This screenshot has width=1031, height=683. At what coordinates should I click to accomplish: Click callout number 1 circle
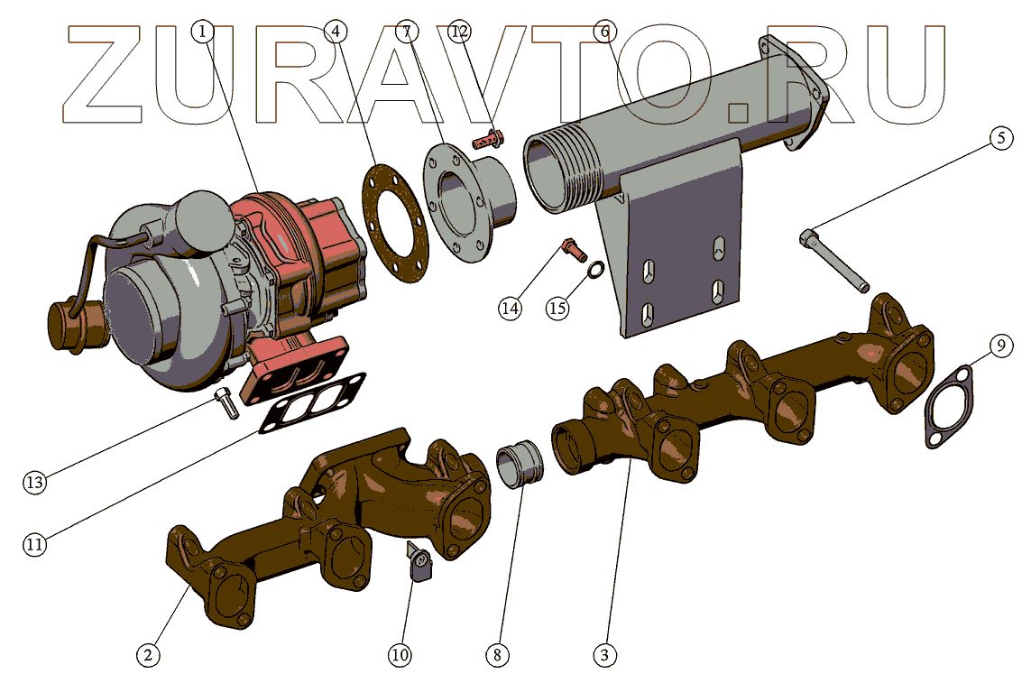point(204,32)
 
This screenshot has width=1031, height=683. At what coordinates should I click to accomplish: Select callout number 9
point(999,345)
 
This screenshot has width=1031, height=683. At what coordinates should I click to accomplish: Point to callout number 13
point(34,483)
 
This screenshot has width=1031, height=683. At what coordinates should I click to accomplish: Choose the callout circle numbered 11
point(34,545)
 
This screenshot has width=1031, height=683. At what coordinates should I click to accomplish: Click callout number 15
point(557,308)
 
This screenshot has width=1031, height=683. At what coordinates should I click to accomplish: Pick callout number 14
point(510,308)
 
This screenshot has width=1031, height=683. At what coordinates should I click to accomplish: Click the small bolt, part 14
point(571,247)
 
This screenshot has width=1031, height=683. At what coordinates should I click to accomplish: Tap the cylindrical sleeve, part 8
point(521,462)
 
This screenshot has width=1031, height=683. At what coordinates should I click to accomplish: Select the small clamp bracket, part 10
point(422,565)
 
